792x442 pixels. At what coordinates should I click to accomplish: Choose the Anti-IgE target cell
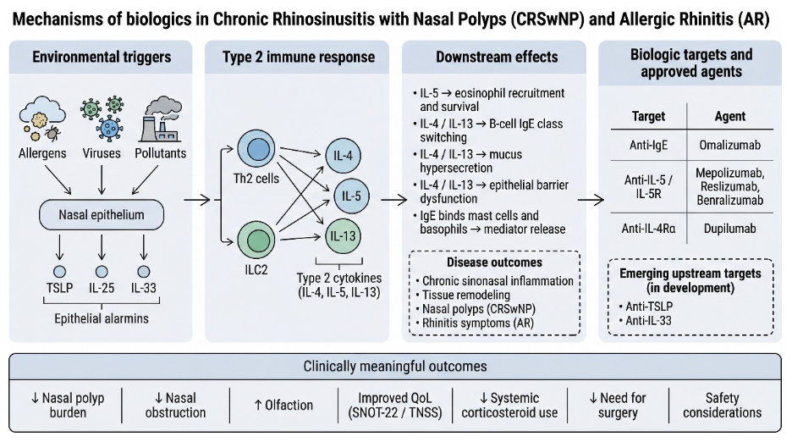649,145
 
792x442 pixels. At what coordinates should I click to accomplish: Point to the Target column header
649,116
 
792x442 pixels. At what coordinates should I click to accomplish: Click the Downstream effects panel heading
497,58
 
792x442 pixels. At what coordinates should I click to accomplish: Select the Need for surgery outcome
616,405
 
